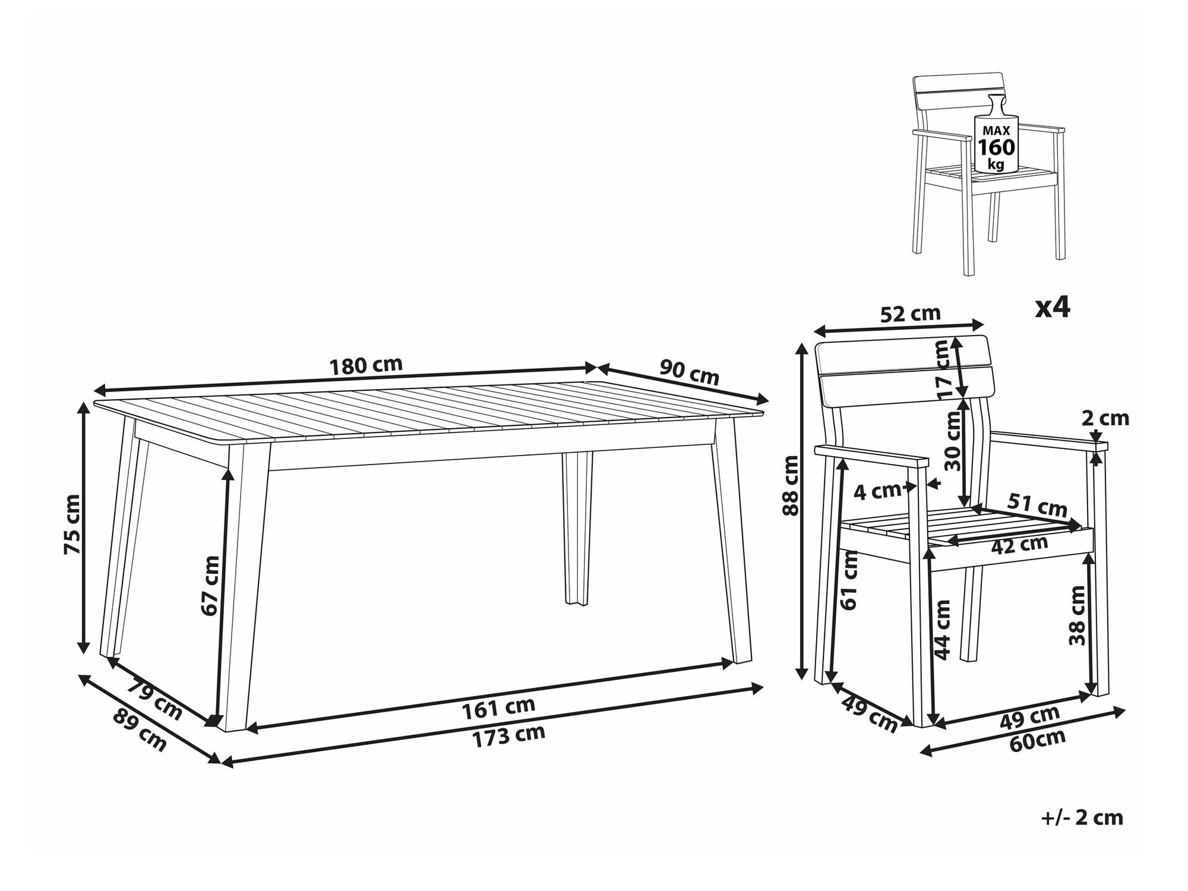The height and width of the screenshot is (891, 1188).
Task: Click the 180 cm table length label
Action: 366,365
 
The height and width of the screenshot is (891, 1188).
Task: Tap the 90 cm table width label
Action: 689,373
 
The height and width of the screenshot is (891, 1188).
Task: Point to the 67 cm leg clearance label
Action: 210,585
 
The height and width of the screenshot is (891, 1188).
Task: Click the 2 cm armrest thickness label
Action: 1104,419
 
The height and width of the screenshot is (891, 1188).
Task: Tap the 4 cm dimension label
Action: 878,491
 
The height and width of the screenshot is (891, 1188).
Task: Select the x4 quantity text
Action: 1052,308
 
